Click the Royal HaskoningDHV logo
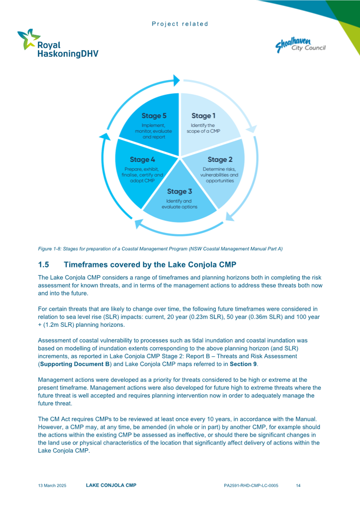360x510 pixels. [58, 44]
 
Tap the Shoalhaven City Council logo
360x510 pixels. [300, 44]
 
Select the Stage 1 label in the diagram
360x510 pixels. [203, 116]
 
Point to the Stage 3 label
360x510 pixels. [179, 192]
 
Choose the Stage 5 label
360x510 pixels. [154, 116]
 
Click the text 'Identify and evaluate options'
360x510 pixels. [179, 204]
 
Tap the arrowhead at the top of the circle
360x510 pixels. [175, 80]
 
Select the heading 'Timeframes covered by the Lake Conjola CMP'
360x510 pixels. [150, 265]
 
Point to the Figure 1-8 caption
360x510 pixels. [160, 249]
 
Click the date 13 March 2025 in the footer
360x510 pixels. [52, 486]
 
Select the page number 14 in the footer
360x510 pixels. [298, 486]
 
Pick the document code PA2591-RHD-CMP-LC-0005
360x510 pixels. [251, 486]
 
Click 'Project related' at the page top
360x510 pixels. [180, 24]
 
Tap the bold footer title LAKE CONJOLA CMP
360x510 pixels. [111, 485]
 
